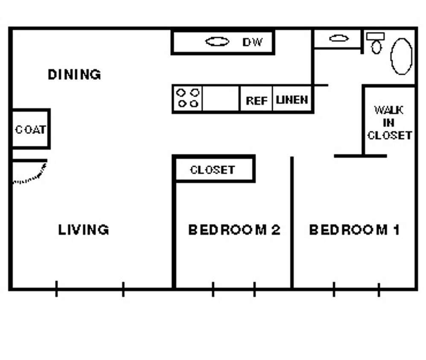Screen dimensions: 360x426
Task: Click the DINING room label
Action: (x=74, y=75)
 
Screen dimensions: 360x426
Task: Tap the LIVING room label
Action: (x=84, y=230)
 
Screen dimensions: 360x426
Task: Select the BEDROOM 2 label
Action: (x=234, y=230)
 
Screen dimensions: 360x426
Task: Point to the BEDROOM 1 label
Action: (x=354, y=230)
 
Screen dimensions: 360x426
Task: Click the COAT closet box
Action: (x=30, y=129)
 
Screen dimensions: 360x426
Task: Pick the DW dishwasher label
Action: (x=252, y=42)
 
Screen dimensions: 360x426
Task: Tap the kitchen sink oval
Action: (x=217, y=42)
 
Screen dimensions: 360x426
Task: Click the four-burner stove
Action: (x=188, y=98)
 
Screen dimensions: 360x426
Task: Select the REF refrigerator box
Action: (x=256, y=101)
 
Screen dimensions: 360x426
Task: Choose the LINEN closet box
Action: (x=292, y=100)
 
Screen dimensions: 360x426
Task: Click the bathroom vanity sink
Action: (x=339, y=38)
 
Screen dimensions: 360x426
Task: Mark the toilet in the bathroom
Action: (x=376, y=44)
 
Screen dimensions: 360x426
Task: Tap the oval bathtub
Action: (x=402, y=56)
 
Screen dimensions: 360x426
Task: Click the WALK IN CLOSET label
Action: (x=389, y=123)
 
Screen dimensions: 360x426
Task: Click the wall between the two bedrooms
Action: (x=292, y=222)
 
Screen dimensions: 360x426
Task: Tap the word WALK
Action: (x=388, y=110)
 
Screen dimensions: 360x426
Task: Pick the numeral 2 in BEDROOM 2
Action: (x=275, y=230)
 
